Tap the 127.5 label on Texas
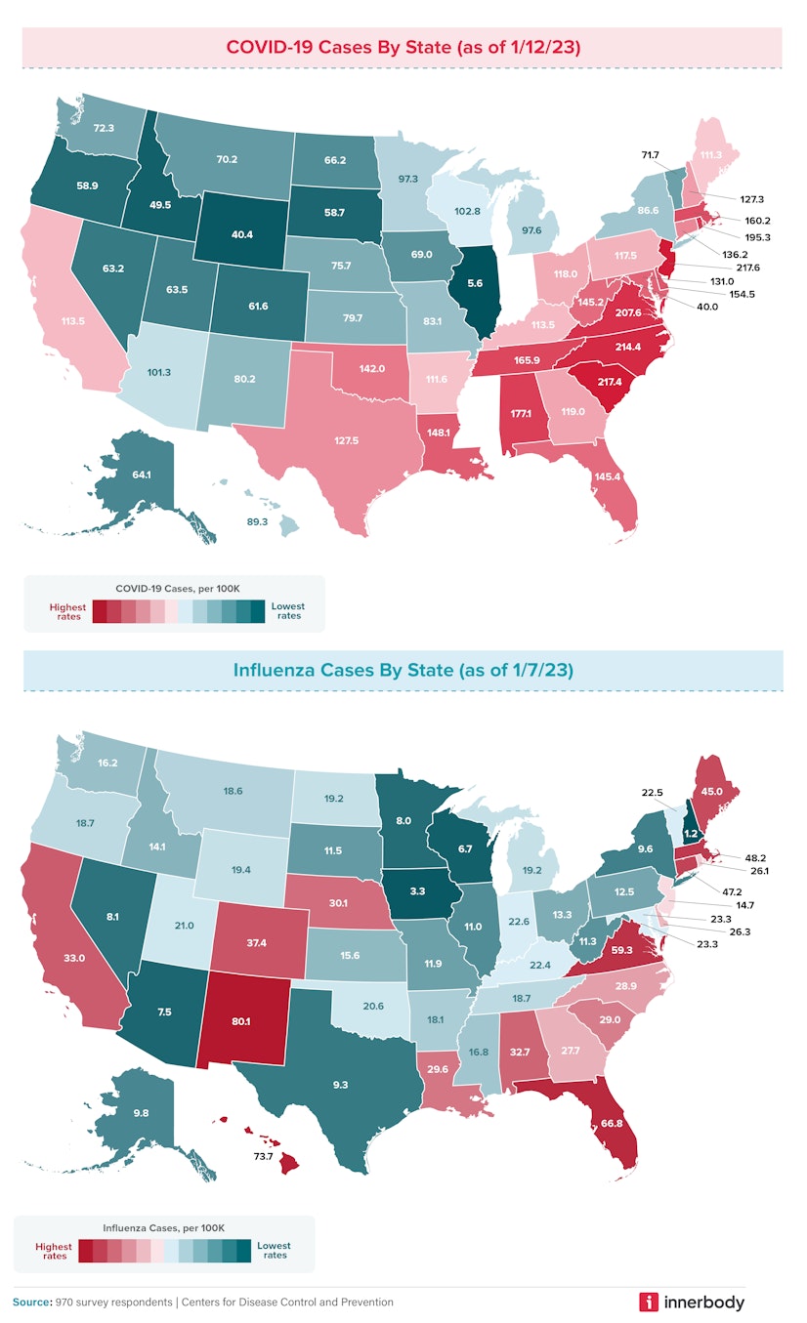click(346, 440)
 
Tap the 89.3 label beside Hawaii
click(257, 522)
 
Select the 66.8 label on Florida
click(613, 1123)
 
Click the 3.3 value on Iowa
click(416, 891)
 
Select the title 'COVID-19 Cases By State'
click(403, 47)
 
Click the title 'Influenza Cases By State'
click(403, 670)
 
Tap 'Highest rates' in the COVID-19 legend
click(67, 611)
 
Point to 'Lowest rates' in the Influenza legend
click(275, 1250)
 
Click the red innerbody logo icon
click(648, 1302)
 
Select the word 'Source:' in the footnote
click(33, 1302)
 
